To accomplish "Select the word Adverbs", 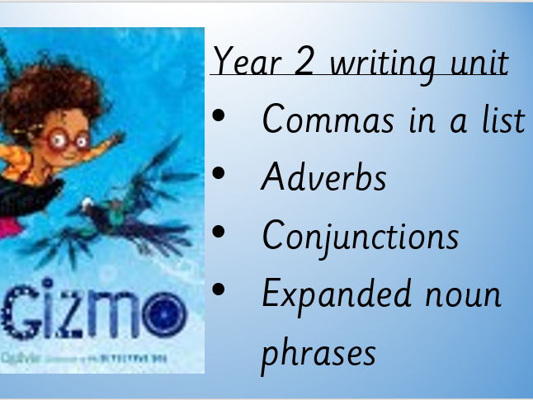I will (323, 176).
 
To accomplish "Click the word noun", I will (465, 294).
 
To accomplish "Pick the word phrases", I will (318, 352).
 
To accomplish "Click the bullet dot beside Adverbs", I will (219, 175).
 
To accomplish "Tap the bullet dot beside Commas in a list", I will (219, 117).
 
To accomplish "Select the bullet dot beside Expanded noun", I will (219, 290).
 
